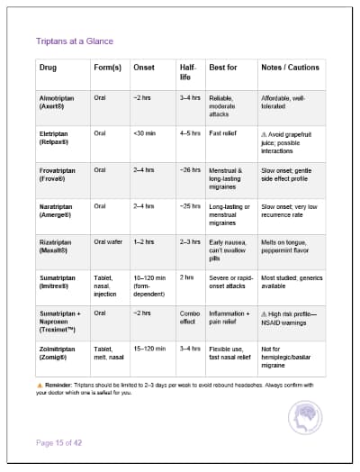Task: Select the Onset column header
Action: tap(143, 68)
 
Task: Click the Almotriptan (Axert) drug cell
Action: tap(56, 101)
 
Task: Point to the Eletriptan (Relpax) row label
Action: tap(56, 138)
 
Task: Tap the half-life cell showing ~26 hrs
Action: tap(189, 169)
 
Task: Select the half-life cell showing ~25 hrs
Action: tap(189, 206)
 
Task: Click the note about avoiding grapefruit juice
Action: tap(291, 138)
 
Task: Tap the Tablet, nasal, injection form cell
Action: tap(108, 286)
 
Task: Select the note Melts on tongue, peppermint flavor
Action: tap(290, 246)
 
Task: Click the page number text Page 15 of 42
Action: tap(59, 441)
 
